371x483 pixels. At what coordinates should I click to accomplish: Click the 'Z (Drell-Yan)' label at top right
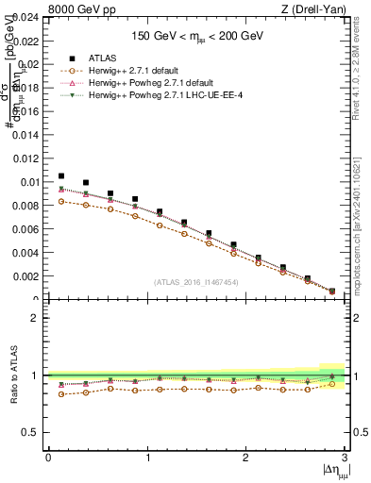[316, 8]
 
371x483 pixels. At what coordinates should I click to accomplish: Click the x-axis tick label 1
[146, 458]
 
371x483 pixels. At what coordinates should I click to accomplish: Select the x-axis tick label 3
[345, 458]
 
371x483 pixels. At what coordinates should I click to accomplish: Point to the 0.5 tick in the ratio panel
[32, 432]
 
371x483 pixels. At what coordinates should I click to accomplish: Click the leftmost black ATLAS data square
[61, 176]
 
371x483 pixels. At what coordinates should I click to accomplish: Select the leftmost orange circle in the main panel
[61, 201]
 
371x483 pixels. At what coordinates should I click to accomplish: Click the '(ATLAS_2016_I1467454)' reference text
[195, 282]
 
